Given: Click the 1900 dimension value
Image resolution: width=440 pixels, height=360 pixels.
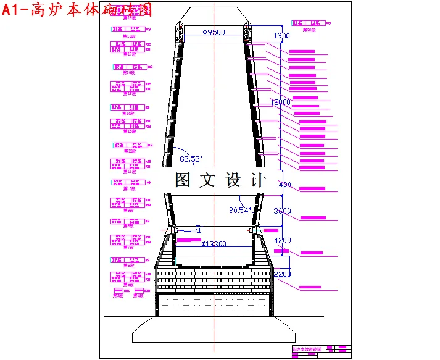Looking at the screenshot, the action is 281,36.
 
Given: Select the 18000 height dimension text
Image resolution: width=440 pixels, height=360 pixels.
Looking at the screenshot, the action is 281,102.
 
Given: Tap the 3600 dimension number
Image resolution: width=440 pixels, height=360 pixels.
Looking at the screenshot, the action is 281,211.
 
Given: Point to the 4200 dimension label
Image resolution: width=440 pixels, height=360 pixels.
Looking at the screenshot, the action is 281,240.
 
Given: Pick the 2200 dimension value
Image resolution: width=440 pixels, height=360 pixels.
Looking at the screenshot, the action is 282,274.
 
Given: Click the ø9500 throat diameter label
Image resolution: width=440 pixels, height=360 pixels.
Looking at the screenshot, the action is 214,32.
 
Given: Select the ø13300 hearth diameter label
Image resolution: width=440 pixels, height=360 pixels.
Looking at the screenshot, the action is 214,244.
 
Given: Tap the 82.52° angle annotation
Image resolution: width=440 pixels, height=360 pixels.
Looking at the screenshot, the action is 191,159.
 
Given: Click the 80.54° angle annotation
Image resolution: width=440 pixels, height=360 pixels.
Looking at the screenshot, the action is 240,210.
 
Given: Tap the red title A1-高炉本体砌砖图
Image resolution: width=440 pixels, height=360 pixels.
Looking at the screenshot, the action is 77,10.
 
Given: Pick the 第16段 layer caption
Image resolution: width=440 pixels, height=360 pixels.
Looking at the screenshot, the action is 130,73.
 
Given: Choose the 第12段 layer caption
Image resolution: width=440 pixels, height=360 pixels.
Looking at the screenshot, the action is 130,151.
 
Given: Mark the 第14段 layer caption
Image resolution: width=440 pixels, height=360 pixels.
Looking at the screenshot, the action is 130,113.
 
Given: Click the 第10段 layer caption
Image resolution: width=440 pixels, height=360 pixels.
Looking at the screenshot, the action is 130,188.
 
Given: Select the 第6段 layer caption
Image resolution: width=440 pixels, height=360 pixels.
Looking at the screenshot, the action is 130,265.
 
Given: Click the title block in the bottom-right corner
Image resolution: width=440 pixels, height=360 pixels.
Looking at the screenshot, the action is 320,350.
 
